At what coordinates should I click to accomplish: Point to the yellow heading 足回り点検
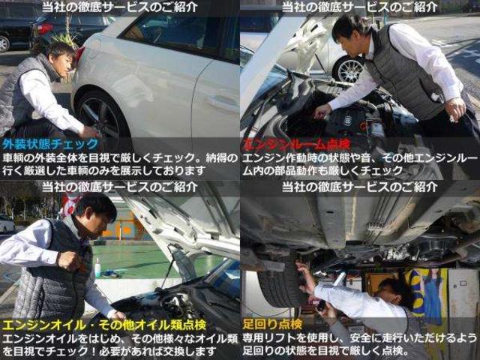[272, 325]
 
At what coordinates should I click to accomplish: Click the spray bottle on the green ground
[97, 268]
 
